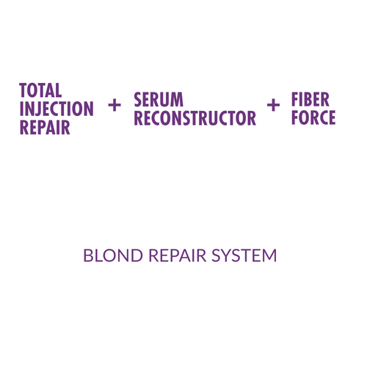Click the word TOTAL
click(x=40, y=90)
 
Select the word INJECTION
click(x=57, y=109)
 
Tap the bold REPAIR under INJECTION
click(x=45, y=127)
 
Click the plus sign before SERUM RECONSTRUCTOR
click(x=115, y=106)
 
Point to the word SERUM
click(x=159, y=100)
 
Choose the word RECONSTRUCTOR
click(x=195, y=118)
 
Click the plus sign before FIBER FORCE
click(x=273, y=106)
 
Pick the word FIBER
click(x=310, y=99)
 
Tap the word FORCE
click(x=313, y=117)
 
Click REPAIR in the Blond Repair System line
click(x=178, y=255)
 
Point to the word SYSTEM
click(x=244, y=255)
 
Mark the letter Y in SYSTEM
click(x=228, y=255)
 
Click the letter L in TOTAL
click(x=59, y=90)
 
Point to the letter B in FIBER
click(x=306, y=99)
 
